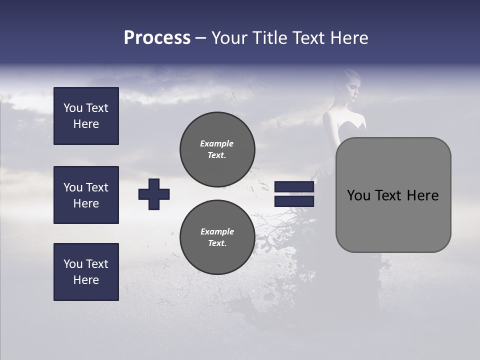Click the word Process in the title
click(157, 38)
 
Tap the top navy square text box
click(86, 116)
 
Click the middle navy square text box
click(86, 195)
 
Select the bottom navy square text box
click(86, 272)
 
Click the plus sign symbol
click(154, 194)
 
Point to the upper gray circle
click(217, 149)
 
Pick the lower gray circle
click(217, 237)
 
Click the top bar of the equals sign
click(294, 187)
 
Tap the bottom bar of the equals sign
click(294, 201)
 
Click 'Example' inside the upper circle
click(216, 143)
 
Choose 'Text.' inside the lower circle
click(217, 243)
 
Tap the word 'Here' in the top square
click(86, 124)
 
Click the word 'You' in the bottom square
click(72, 264)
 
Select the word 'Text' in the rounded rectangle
click(392, 195)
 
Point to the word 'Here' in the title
click(349, 38)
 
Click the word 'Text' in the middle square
click(97, 187)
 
